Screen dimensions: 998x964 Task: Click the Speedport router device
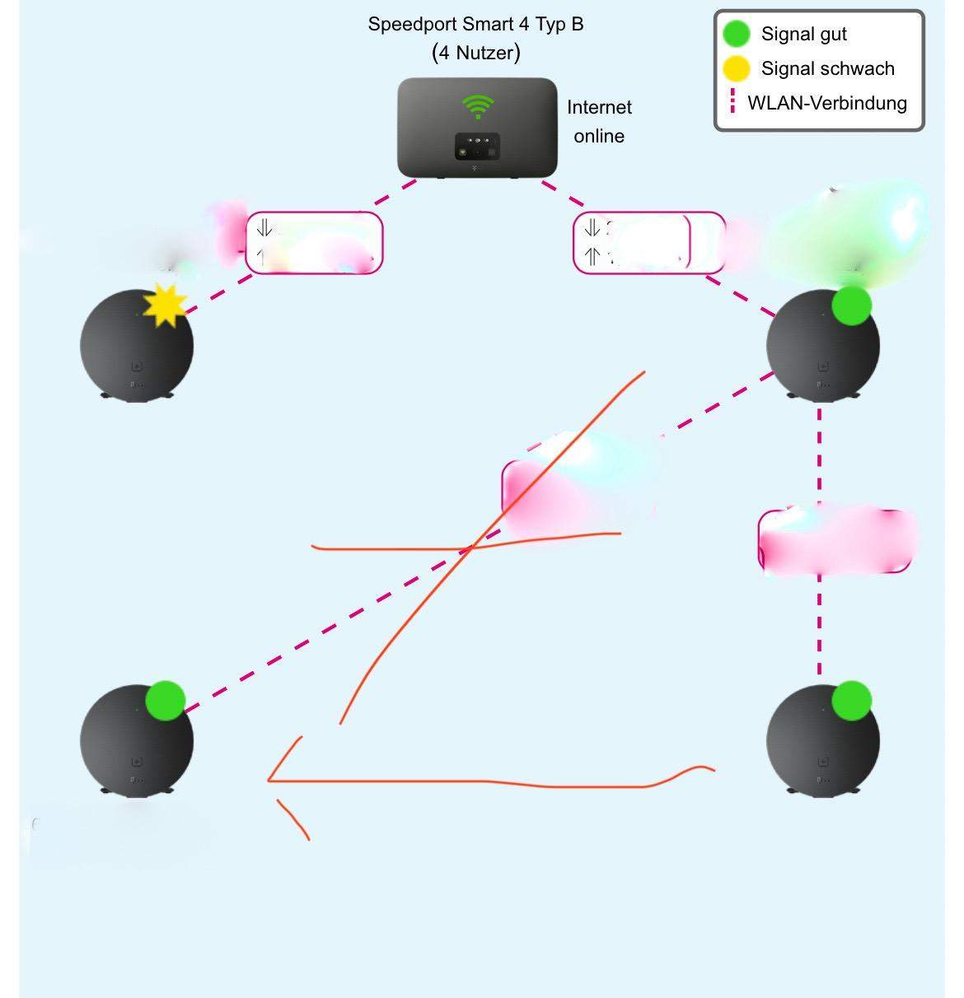click(x=477, y=128)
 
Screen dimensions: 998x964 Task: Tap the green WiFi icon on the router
click(x=478, y=106)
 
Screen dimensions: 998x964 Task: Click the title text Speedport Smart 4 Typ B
click(x=475, y=25)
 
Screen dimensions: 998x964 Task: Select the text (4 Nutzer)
click(x=475, y=54)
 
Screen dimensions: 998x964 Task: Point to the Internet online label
click(x=599, y=122)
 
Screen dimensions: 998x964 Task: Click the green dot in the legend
click(x=736, y=34)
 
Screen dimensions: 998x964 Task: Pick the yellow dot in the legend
click(x=736, y=68)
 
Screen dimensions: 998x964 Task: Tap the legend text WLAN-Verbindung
click(x=826, y=104)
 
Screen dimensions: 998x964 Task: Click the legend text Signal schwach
click(x=827, y=68)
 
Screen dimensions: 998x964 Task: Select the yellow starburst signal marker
click(x=165, y=305)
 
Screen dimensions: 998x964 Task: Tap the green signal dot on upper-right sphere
click(x=851, y=305)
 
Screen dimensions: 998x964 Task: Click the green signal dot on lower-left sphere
click(x=166, y=701)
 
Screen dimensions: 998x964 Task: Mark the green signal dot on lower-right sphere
click(x=851, y=701)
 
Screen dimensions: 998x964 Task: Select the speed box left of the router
click(x=314, y=242)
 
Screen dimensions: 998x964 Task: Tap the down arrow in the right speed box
click(x=592, y=227)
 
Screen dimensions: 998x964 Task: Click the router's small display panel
click(x=477, y=146)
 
